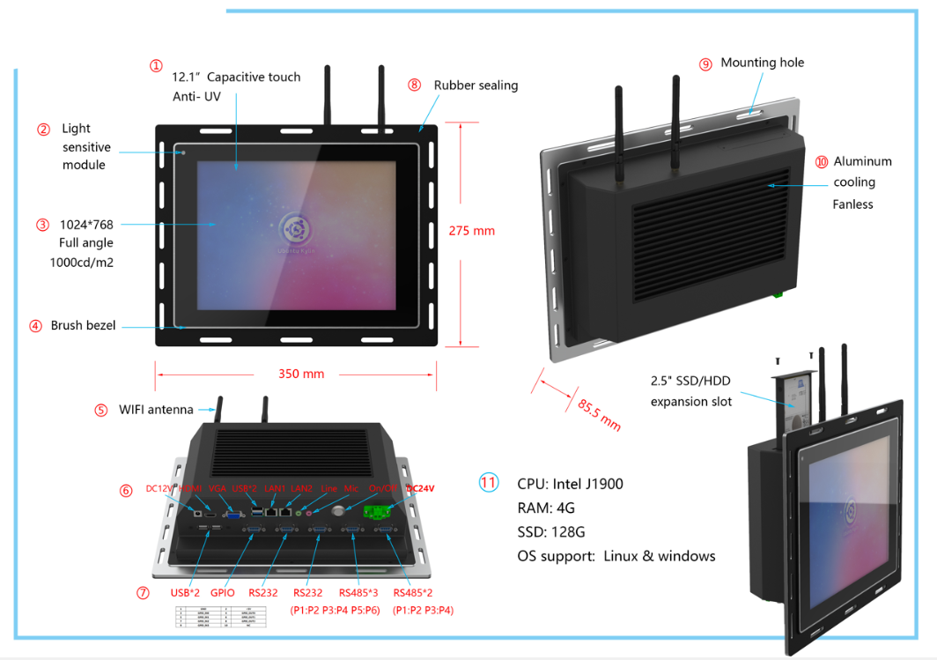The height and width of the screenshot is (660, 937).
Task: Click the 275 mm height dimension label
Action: tap(472, 231)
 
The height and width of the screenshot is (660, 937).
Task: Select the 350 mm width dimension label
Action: tap(301, 374)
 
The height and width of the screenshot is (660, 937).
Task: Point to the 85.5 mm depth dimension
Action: tap(599, 414)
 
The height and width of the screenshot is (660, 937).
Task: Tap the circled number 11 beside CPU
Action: tap(489, 482)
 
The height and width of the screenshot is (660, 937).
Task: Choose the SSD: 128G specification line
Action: tap(551, 532)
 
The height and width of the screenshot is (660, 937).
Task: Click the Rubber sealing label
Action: tap(476, 85)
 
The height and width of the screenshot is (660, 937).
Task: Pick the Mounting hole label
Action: tap(762, 63)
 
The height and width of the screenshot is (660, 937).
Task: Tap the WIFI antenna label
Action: tap(157, 410)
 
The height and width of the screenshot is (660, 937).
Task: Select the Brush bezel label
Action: tap(83, 325)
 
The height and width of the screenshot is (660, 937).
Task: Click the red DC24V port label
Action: tap(420, 488)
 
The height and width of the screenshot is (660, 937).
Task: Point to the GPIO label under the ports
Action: tap(222, 593)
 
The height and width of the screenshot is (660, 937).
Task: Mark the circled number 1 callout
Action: tap(156, 66)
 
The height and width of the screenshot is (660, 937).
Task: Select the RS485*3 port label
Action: tap(359, 593)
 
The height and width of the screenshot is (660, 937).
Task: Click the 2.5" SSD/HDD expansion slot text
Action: tap(691, 391)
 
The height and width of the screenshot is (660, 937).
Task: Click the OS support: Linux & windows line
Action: tap(616, 556)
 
